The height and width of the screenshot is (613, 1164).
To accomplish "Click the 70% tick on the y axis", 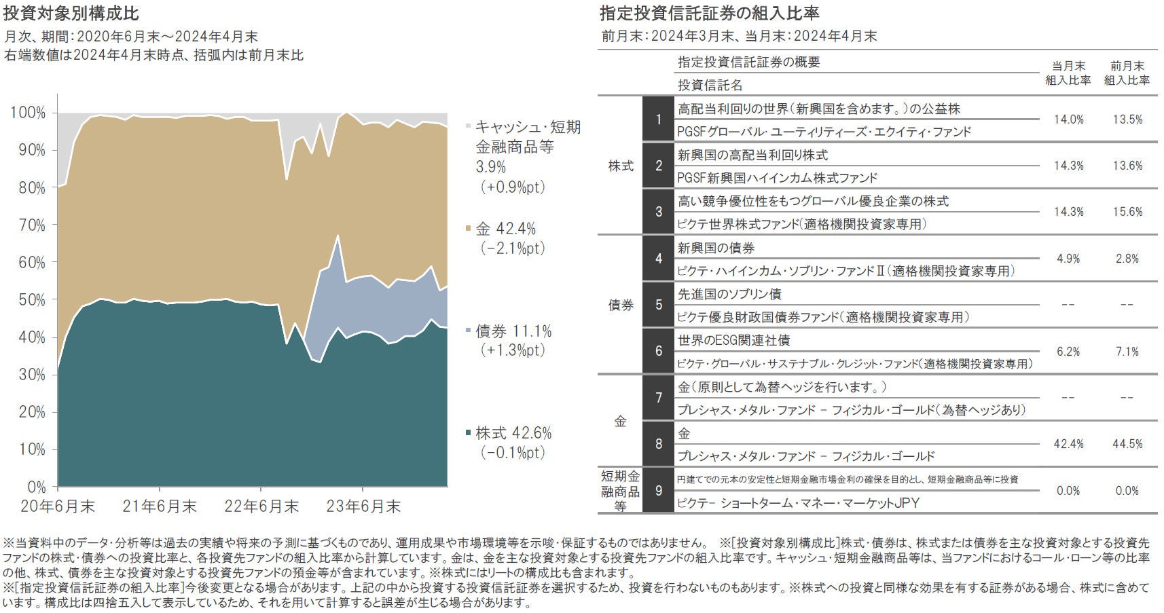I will tap(28, 225).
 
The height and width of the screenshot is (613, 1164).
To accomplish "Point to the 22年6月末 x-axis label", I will tap(261, 506).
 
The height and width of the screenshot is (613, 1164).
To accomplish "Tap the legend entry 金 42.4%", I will tap(505, 229).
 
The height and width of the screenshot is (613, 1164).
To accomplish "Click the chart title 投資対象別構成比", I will tap(71, 14).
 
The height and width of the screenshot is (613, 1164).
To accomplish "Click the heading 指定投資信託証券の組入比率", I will tap(710, 14).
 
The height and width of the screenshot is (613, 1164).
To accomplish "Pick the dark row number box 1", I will tap(658, 120).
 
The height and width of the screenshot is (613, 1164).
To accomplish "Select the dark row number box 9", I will tap(658, 490).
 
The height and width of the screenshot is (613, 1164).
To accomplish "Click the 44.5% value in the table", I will tap(1127, 444).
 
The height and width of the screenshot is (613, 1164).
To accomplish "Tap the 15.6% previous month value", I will tap(1127, 212).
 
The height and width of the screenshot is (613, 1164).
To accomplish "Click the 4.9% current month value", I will tap(1068, 259).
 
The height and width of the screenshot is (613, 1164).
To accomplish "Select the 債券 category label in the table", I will tap(621, 305).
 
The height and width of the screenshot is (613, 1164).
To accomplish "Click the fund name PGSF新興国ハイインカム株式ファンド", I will tap(778, 178).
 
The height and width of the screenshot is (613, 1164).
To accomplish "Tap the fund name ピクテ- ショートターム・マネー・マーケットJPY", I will tap(798, 503).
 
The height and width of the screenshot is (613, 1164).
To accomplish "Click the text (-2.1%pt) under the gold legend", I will tap(513, 248).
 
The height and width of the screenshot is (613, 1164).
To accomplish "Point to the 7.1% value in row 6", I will tap(1127, 352).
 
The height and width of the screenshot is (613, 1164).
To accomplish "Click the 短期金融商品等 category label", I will tap(620, 490).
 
